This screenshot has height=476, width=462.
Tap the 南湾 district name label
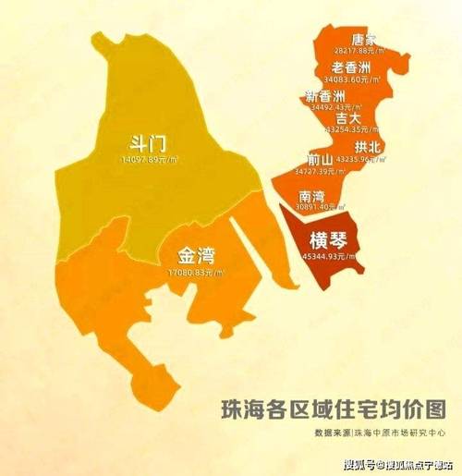coord(313,196)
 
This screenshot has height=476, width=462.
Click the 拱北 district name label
coord(367,147)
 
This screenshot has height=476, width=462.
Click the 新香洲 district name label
coord(324,97)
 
